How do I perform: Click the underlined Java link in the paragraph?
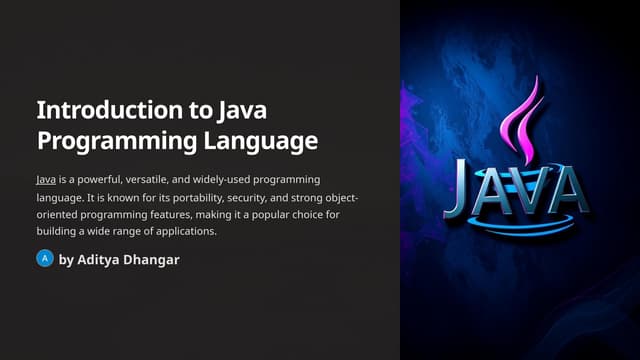tap(45, 179)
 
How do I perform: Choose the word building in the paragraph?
tap(56, 232)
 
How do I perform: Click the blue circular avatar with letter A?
tap(44, 259)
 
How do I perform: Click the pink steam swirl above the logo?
tap(525, 125)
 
